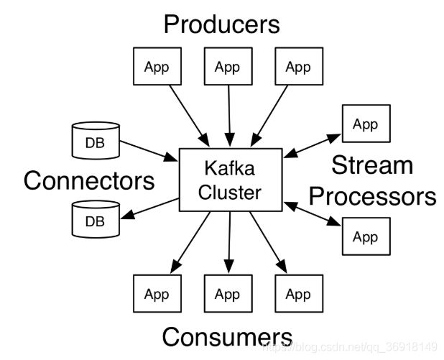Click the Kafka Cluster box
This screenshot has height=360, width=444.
pos(231,180)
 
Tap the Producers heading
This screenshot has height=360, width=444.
pos(222,24)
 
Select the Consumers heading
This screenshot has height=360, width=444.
pos(227,336)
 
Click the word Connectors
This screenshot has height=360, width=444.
pos(89,180)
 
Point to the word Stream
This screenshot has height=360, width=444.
pos(372,165)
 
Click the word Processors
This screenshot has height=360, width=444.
pos(373,196)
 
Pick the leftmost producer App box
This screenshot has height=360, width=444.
pos(157,66)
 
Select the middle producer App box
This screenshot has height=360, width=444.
pos(228,66)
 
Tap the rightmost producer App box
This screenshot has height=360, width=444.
pos(299,66)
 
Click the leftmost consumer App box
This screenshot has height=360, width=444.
pos(157,293)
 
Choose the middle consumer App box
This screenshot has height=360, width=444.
pos(228,293)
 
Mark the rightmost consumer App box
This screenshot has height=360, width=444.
pos(299,293)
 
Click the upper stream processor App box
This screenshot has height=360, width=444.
pos(366,124)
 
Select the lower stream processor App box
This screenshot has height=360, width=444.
pos(366,236)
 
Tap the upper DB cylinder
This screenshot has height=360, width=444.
pos(96,140)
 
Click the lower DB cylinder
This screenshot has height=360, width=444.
pos(96,219)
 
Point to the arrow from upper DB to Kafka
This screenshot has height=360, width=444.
pos(149,151)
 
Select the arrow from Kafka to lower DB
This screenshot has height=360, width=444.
pos(149,208)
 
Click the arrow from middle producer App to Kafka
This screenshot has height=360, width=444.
pos(229,116)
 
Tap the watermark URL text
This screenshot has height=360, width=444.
pos(351,346)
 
